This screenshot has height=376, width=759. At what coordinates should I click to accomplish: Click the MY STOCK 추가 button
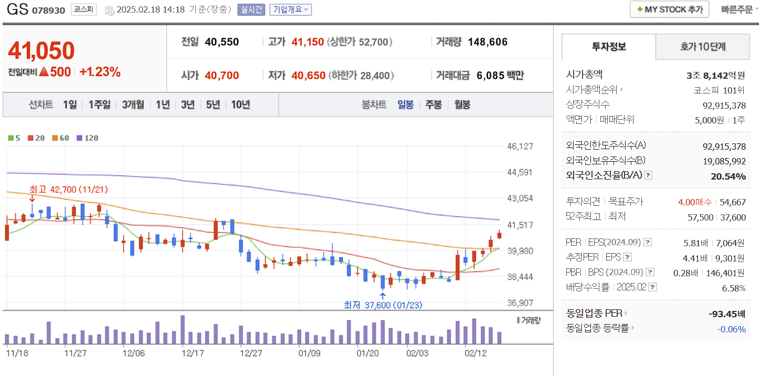click(669, 9)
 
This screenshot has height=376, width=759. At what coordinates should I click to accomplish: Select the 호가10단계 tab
click(702, 47)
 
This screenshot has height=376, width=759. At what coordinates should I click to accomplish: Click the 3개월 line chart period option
click(133, 105)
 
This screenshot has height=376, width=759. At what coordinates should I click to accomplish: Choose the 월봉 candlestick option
click(462, 105)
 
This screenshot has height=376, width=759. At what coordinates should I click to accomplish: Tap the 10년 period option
click(241, 105)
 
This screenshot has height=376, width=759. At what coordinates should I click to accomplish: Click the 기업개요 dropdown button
click(290, 9)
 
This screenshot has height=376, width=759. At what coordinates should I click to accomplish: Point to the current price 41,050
click(41, 50)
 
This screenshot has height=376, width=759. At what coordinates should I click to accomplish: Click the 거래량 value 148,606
click(487, 42)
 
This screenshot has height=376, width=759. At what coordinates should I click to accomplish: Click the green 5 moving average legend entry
click(14, 138)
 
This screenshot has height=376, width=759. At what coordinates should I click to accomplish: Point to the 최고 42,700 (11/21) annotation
click(68, 189)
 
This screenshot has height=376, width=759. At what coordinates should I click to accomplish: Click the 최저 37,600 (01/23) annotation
click(383, 305)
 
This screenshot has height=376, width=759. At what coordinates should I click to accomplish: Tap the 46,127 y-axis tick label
click(520, 146)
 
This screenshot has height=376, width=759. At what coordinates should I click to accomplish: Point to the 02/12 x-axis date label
click(476, 353)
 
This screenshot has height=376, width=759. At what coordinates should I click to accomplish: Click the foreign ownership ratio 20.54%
click(728, 176)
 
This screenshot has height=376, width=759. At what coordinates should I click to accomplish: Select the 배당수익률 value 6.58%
click(734, 287)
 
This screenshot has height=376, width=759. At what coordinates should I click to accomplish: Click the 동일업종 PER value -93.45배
click(727, 314)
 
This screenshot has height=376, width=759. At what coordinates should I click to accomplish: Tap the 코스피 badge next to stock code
click(84, 9)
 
